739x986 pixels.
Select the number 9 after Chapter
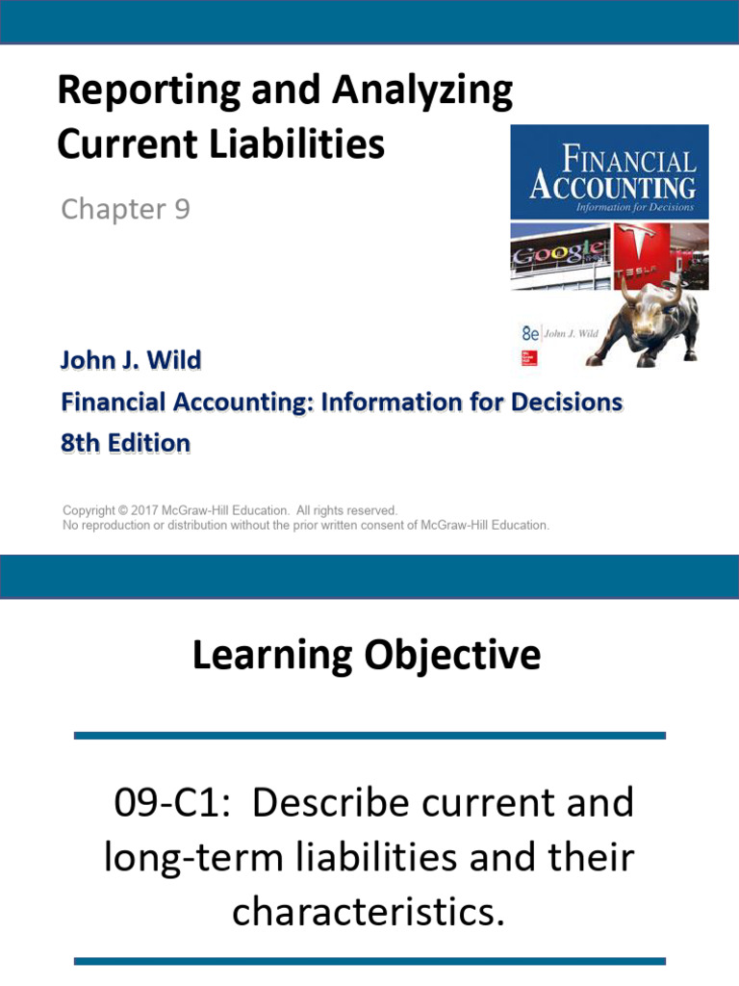tap(180, 209)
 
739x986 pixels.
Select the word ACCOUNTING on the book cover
tap(612, 186)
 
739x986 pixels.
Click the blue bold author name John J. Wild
tap(131, 360)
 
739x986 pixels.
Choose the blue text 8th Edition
tap(125, 443)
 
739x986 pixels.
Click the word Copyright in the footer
tap(92, 510)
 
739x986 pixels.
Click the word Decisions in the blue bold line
tap(561, 402)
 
